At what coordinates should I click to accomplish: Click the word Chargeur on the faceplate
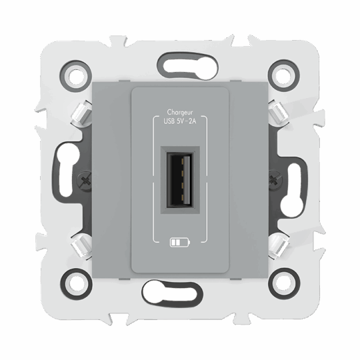click(x=181, y=113)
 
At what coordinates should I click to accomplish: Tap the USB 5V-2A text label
click(x=181, y=122)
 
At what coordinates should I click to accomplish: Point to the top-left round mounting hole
click(x=77, y=74)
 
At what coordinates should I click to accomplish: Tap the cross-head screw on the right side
click(x=275, y=179)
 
